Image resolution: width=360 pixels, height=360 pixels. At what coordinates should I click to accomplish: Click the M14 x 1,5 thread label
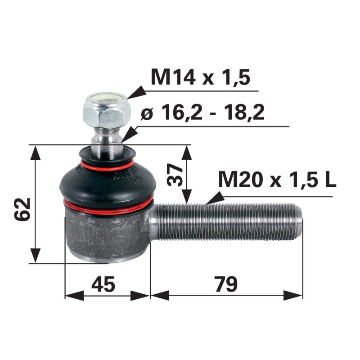point(200,77)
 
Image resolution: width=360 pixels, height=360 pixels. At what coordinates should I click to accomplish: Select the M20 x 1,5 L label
point(276,180)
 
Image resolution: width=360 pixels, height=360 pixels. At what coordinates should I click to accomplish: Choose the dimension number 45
point(103,284)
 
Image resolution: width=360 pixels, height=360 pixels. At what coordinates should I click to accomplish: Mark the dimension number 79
point(225,284)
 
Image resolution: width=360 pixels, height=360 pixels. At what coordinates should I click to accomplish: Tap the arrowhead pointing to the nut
point(135,93)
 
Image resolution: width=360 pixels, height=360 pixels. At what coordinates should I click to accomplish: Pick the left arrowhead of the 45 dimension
point(72,296)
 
